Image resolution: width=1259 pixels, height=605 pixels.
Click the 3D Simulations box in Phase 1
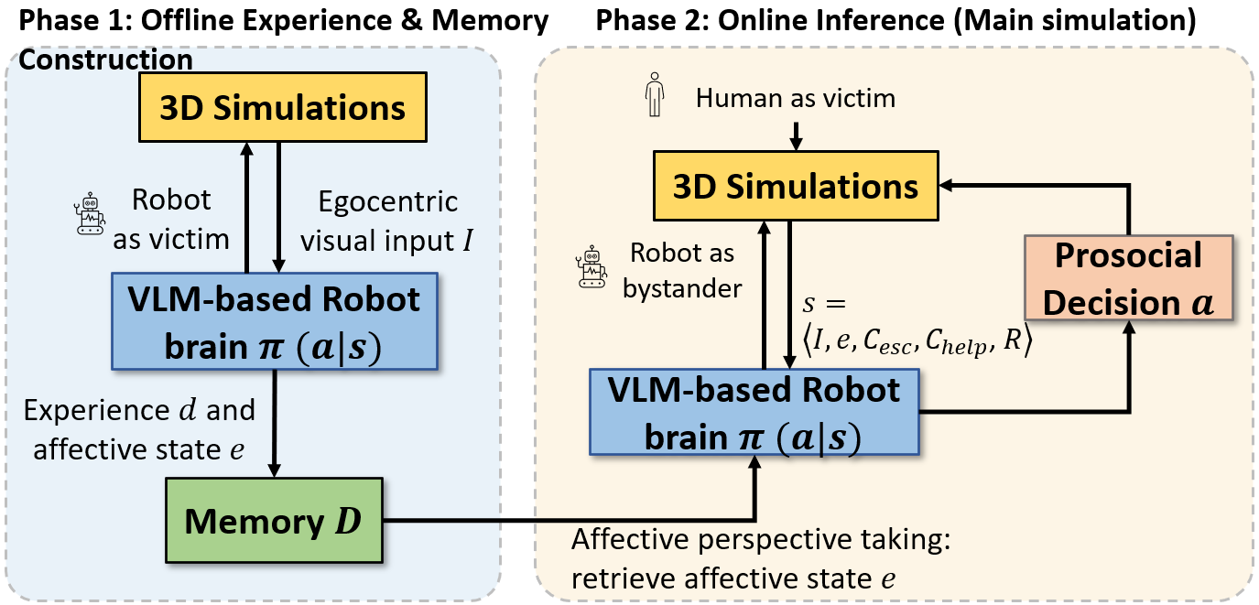coord(283,109)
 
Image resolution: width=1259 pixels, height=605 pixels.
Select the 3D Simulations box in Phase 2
coord(794,187)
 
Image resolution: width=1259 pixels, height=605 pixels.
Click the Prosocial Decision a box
coord(1128,278)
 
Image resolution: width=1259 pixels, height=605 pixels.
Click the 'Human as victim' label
coord(795,98)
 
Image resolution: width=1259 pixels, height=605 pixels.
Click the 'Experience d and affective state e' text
coord(139,428)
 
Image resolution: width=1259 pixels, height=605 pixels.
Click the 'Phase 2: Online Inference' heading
coord(895,21)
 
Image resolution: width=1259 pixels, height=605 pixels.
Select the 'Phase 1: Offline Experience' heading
coord(284,21)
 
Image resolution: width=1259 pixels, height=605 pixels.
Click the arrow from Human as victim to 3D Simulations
coord(795,134)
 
